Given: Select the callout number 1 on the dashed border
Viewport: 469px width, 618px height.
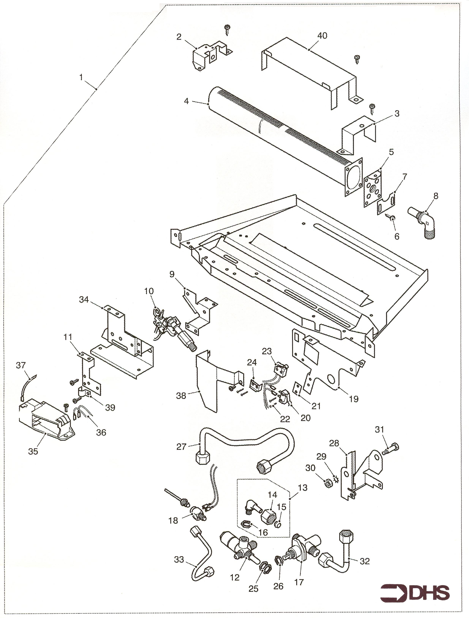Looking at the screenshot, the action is pyautogui.click(x=81, y=77).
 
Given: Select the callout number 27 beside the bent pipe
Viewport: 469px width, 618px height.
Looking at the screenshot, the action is pyautogui.click(x=181, y=447).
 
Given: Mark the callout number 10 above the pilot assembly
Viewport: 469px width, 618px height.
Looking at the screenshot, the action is pyautogui.click(x=149, y=291).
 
